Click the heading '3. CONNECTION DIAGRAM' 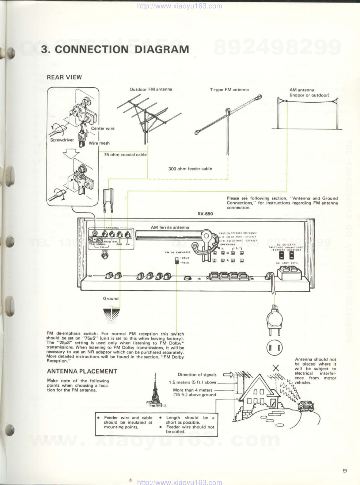click(x=115, y=49)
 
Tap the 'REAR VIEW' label click(x=64, y=77)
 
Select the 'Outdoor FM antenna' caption click(x=151, y=89)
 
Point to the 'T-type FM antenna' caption click(x=229, y=89)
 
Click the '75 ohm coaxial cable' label click(x=125, y=154)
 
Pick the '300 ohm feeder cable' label click(x=190, y=169)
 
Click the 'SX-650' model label click(x=205, y=214)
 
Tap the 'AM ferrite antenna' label click(x=170, y=227)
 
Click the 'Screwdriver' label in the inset click(x=62, y=140)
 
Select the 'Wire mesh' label click(x=99, y=143)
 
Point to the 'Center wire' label click(x=103, y=128)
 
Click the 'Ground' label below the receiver click(x=111, y=298)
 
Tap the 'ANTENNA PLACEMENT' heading click(x=82, y=371)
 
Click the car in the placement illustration click(x=306, y=406)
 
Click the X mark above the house click(x=276, y=368)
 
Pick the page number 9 click(x=345, y=471)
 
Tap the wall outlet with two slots click(x=274, y=348)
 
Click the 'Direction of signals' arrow click(x=228, y=374)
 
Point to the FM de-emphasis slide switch click(x=177, y=260)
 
